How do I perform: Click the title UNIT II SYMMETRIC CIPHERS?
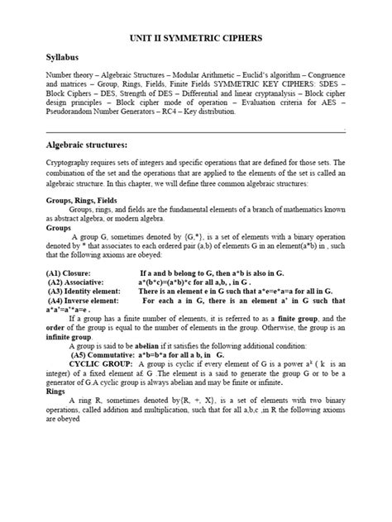pyautogui.click(x=195, y=39)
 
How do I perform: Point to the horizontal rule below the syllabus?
pyautogui.click(x=195, y=131)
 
